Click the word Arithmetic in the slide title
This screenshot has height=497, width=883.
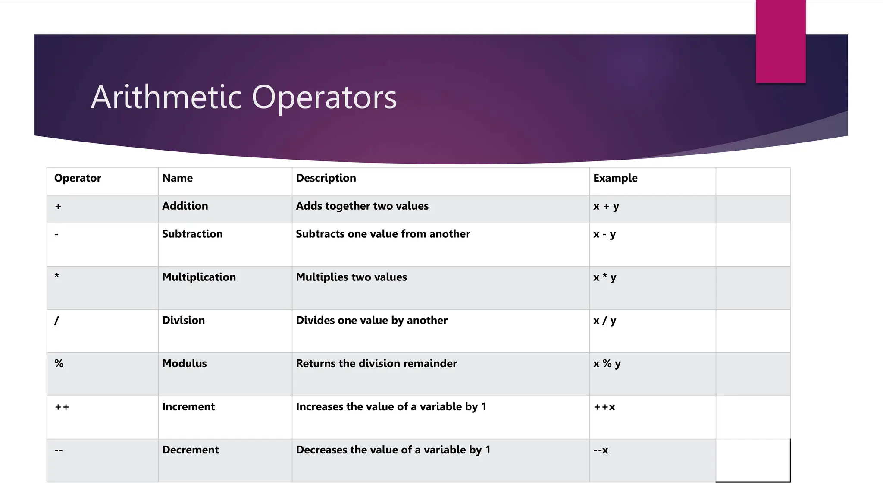pyautogui.click(x=166, y=97)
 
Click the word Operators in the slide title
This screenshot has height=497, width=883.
pyautogui.click(x=324, y=98)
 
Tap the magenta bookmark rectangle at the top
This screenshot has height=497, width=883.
pyautogui.click(x=780, y=41)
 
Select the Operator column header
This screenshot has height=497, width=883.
pyautogui.click(x=78, y=178)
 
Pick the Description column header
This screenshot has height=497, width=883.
pyautogui.click(x=326, y=178)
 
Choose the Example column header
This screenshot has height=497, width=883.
pyautogui.click(x=615, y=178)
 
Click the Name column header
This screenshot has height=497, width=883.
pyautogui.click(x=177, y=178)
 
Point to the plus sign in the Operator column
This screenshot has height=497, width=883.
pyautogui.click(x=58, y=207)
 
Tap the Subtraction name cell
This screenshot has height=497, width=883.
pyautogui.click(x=192, y=234)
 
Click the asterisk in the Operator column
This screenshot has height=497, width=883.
pyautogui.click(x=57, y=276)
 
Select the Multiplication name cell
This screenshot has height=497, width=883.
pyautogui.click(x=199, y=277)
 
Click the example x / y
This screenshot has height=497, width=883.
pyautogui.click(x=604, y=321)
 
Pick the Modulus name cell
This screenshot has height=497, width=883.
pyautogui.click(x=184, y=363)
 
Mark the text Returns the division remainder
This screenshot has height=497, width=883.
pyautogui.click(x=376, y=363)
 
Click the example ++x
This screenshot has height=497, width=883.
pyautogui.click(x=604, y=407)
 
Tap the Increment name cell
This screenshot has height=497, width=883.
pyautogui.click(x=188, y=406)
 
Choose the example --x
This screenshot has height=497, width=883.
pyautogui.click(x=601, y=450)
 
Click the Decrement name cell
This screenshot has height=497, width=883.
pyautogui.click(x=190, y=450)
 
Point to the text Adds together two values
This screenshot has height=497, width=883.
pyautogui.click(x=362, y=206)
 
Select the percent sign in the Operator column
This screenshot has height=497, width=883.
pyautogui.click(x=59, y=363)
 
